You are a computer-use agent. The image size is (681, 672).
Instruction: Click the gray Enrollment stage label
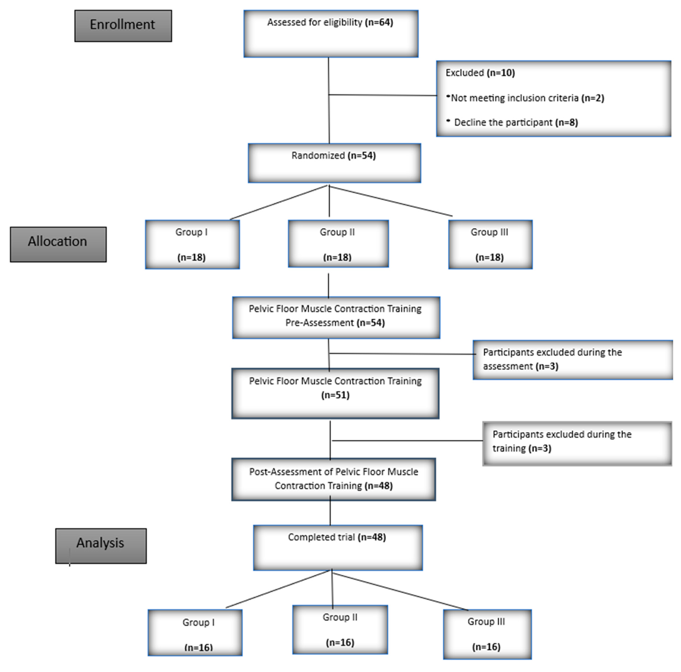(123, 26)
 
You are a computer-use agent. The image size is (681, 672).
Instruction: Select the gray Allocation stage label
(58, 244)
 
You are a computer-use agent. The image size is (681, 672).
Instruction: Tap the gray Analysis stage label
(101, 545)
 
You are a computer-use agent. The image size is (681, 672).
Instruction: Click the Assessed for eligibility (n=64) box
(331, 34)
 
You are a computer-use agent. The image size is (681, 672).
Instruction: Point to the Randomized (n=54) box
(334, 163)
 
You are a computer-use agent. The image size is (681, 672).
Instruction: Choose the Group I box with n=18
(192, 244)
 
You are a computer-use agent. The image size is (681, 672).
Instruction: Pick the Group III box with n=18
(490, 244)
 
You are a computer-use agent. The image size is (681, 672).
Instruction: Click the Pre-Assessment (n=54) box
(336, 317)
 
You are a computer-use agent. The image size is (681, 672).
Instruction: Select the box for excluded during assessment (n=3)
(573, 359)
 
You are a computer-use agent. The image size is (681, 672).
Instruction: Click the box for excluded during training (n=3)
(577, 443)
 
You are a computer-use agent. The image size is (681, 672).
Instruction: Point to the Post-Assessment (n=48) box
(333, 479)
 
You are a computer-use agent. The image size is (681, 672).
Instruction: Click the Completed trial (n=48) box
(338, 547)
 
